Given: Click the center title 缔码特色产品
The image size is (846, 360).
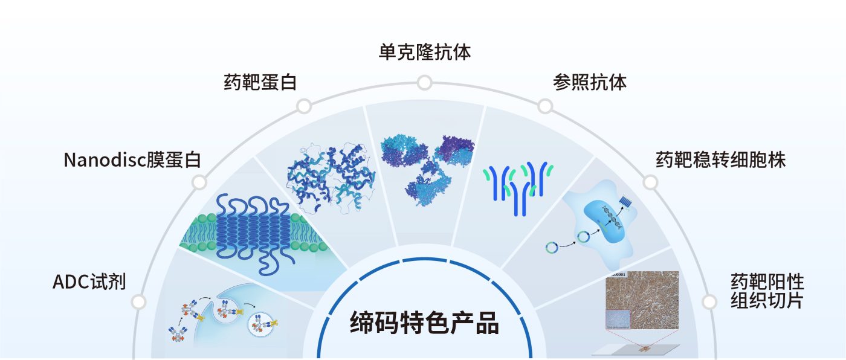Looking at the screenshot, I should pyautogui.click(x=424, y=324).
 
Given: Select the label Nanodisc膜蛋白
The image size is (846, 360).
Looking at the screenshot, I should pyautogui.click(x=132, y=160).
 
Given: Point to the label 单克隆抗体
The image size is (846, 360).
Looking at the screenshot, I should pyautogui.click(x=424, y=52).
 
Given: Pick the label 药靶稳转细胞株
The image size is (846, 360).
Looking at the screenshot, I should pyautogui.click(x=720, y=160).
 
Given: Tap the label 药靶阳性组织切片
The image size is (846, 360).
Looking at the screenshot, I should pyautogui.click(x=767, y=291).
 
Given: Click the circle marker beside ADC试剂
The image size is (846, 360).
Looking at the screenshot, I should pyautogui.click(x=139, y=301).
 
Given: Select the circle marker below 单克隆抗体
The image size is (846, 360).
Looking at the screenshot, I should pyautogui.click(x=424, y=82).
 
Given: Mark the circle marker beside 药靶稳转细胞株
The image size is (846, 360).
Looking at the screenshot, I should pyautogui.click(x=650, y=182).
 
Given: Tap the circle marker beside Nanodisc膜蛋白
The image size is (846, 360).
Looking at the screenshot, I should pyautogui.click(x=199, y=182).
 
